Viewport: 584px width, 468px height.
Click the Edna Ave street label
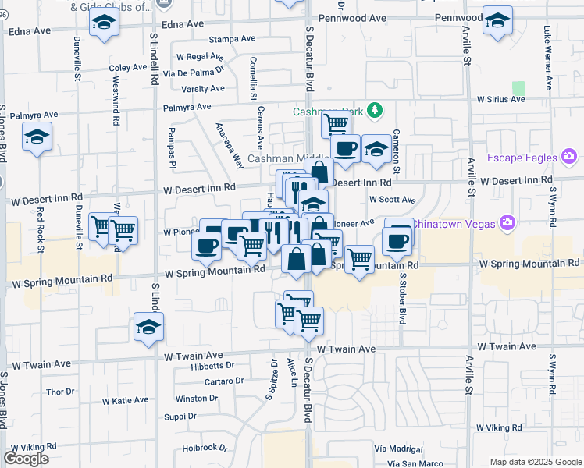pos(29,31)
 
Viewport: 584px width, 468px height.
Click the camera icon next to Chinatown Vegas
pos(508,223)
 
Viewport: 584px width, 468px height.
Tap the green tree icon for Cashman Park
pos(376,111)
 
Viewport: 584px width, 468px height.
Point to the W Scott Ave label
pos(393,200)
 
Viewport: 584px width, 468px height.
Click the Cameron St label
pos(396,152)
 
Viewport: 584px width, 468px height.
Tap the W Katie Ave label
pos(125,400)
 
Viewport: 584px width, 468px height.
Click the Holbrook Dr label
pos(205,448)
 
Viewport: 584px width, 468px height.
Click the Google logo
pos(26,459)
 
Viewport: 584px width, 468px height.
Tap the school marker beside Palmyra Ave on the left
pos(37,138)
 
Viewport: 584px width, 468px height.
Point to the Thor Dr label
pos(59,392)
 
